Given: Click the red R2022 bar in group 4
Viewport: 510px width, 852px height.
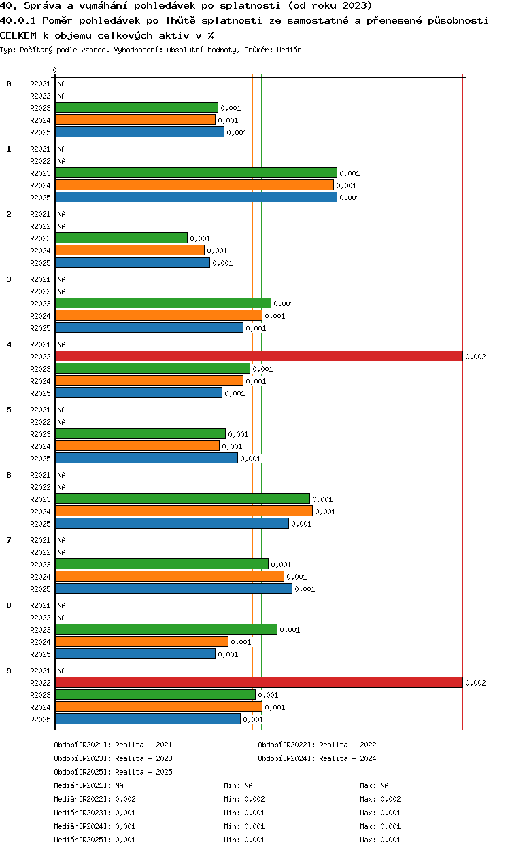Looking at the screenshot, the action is click(x=259, y=357).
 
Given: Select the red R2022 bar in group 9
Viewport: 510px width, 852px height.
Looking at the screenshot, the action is click(x=259, y=682).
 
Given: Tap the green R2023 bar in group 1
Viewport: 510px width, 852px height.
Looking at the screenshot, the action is click(x=196, y=173).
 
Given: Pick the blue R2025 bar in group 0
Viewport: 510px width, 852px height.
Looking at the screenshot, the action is click(x=139, y=132).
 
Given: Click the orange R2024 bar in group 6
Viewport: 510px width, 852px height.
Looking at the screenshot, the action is click(x=184, y=511).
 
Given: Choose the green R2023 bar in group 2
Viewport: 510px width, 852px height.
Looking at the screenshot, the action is click(x=122, y=238).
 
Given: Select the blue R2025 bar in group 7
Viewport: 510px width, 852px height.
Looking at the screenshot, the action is click(x=173, y=589).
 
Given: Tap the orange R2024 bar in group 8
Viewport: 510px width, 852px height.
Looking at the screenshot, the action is click(x=141, y=641).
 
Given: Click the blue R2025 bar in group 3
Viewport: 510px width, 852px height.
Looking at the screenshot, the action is click(x=149, y=327).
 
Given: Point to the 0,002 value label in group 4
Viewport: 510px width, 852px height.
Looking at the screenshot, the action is click(x=476, y=357).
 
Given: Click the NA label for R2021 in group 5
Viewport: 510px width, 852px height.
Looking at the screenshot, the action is click(x=61, y=410).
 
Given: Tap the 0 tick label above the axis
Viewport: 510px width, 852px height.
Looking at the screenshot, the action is click(x=55, y=70).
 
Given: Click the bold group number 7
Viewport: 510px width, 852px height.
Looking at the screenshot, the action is click(x=9, y=540).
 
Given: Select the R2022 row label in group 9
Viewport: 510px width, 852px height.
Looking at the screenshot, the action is click(x=40, y=683).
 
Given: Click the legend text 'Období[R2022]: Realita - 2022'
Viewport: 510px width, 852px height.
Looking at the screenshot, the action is click(x=317, y=745).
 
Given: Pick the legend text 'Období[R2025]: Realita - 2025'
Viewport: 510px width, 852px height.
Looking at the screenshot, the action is click(x=113, y=772).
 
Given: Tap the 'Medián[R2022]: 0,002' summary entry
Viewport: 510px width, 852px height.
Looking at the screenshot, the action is click(x=95, y=799).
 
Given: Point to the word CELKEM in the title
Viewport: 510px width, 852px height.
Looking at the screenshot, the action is click(x=18, y=36).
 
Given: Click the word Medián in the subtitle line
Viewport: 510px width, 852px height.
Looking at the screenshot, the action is click(x=289, y=50).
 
